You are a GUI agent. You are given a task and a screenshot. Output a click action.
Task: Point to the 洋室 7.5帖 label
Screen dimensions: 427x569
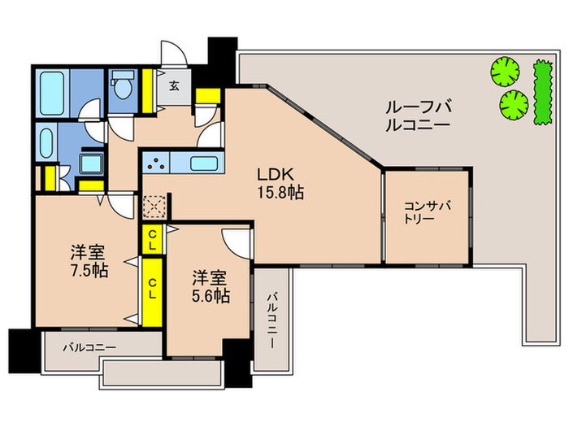pyautogui.click(x=88, y=261)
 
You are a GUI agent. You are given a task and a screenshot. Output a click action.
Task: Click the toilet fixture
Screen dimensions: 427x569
pyautogui.click(x=123, y=85)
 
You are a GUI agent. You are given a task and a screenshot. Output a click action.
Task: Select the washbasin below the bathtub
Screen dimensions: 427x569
pyautogui.click(x=46, y=143)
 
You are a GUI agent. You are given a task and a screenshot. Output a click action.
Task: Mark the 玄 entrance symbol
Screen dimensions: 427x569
pyautogui.click(x=174, y=84)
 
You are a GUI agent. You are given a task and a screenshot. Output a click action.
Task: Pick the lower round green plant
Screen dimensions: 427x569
pyautogui.click(x=512, y=103)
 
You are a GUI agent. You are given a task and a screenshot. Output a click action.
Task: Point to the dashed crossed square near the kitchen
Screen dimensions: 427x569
pyautogui.click(x=154, y=204)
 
